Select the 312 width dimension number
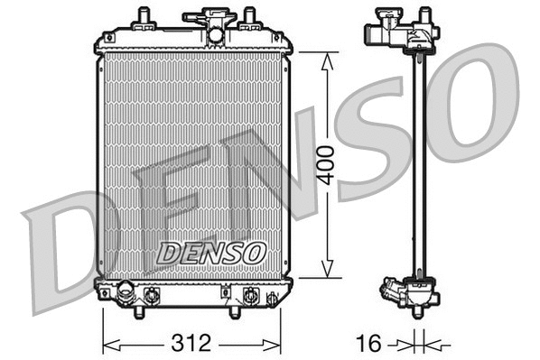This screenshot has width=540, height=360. tap(191, 343)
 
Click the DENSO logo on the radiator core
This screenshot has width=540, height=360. tap(212, 254)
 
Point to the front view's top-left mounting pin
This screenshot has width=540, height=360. tap(143, 18)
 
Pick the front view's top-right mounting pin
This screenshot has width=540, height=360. tap(247, 18)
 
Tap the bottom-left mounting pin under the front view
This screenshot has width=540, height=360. tap(138, 311)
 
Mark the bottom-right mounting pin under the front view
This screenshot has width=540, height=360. tap(234, 311)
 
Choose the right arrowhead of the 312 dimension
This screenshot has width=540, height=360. tap(279, 343)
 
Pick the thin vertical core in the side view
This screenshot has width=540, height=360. tap(418, 162)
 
